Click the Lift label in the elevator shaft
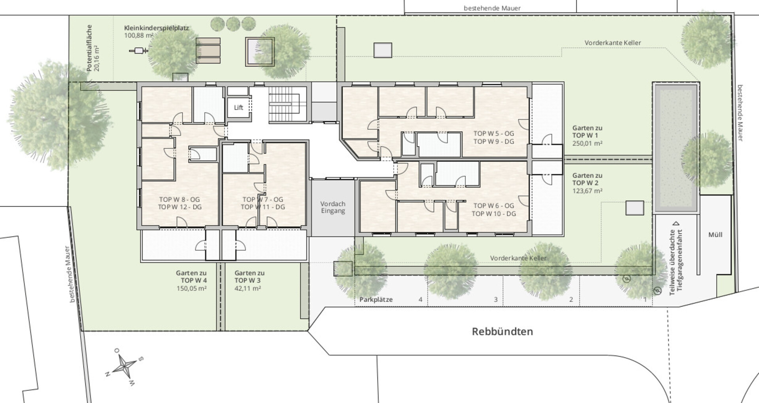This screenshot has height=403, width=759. click(x=238, y=107)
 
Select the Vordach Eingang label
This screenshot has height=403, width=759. click(x=333, y=207)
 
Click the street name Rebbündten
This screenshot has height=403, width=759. click(x=502, y=331)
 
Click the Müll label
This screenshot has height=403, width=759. click(x=715, y=235)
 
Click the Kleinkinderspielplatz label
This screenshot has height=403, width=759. click(x=157, y=28)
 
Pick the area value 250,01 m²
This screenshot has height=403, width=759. click(x=587, y=143)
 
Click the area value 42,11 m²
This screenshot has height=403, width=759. click(x=247, y=288)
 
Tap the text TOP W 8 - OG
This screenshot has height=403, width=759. click(x=179, y=200)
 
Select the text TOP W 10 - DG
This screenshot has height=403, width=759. click(x=494, y=214)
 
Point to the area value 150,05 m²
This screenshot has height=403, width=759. click(x=192, y=288)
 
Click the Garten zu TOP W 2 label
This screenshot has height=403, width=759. click(x=587, y=179)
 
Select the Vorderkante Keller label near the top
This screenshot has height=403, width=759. click(x=613, y=43)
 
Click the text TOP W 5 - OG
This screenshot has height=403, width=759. click(x=494, y=134)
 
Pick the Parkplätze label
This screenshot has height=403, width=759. click(x=376, y=299)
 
